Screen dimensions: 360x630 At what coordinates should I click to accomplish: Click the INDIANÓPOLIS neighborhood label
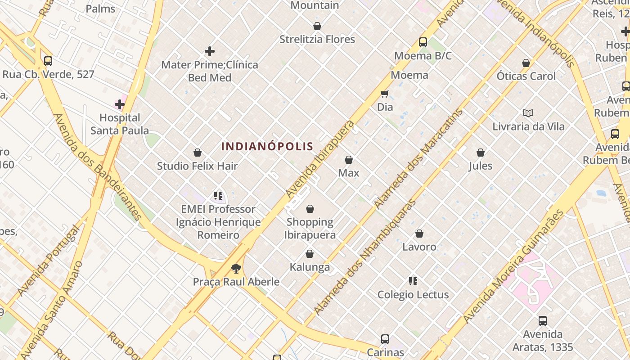tap(267, 146)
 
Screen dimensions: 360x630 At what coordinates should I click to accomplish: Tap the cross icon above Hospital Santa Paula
tap(119, 105)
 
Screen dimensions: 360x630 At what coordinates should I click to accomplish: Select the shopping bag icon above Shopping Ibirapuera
tap(310, 209)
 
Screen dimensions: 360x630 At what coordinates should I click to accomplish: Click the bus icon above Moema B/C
tap(423, 42)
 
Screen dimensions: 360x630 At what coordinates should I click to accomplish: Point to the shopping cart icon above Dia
tap(384, 94)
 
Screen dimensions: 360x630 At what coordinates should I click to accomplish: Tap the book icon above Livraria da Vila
tap(528, 113)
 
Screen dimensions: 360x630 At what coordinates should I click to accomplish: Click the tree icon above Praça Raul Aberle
tap(236, 269)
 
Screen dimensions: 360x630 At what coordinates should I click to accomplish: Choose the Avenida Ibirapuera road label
tap(320, 159)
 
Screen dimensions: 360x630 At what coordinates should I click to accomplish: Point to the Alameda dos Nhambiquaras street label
tap(365, 257)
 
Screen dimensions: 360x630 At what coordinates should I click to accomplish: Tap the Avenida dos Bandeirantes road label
tap(98, 166)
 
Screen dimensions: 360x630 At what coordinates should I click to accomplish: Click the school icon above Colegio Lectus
tap(413, 282)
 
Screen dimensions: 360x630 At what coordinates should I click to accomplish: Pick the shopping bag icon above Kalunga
tap(309, 254)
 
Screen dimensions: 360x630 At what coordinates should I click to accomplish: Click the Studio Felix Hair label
tap(197, 166)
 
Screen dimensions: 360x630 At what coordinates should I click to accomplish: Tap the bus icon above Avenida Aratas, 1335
tap(543, 321)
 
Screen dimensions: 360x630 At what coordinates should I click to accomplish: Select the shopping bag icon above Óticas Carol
tap(526, 63)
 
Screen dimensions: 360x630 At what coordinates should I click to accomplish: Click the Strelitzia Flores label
tap(317, 39)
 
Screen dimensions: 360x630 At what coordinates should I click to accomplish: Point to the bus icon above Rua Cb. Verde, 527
tap(48, 61)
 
